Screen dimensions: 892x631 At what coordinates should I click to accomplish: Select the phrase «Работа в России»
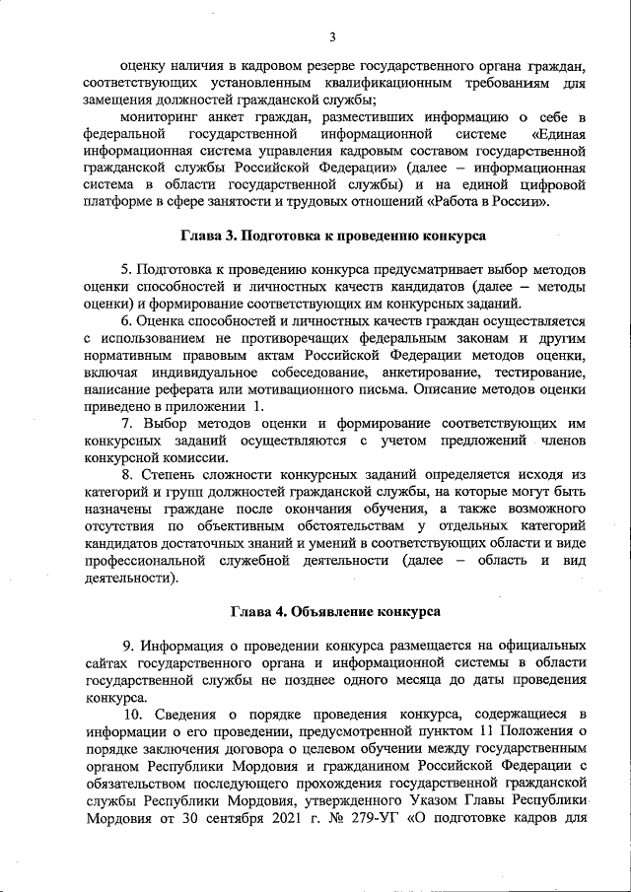489,201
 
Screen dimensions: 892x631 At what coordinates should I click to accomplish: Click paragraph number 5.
125,270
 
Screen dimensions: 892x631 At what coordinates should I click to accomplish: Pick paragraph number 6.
126,321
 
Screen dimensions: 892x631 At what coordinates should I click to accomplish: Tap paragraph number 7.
126,424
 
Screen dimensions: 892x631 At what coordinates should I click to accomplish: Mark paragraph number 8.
126,475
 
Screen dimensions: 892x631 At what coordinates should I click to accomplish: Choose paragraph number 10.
130,714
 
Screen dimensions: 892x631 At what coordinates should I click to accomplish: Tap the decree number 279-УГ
385,816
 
